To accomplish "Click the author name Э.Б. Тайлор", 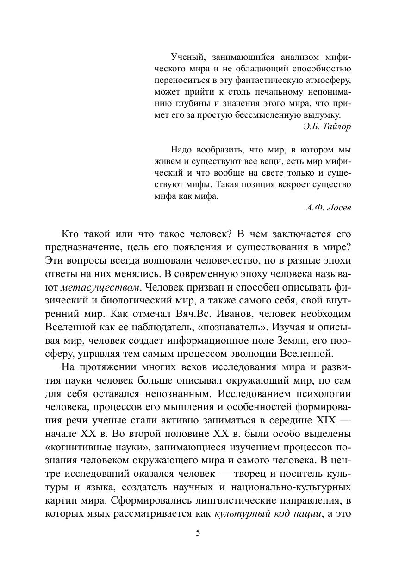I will pyautogui.click(x=327, y=126).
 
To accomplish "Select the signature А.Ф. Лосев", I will pyautogui.click(x=329, y=208).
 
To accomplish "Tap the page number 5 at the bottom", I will pyautogui.click(x=198, y=533).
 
